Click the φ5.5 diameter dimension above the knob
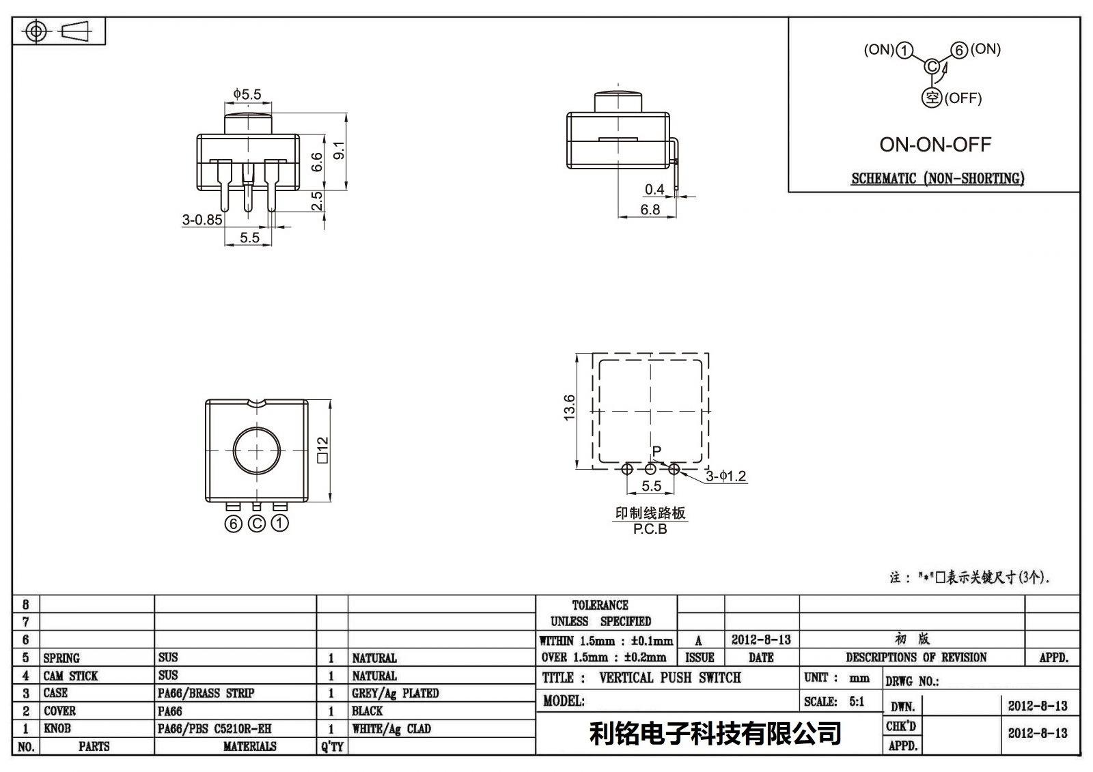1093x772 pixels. pos(247,94)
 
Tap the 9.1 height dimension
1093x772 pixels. pos(339,149)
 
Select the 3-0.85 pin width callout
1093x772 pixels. pos(202,220)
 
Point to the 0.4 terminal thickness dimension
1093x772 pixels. pos(654,189)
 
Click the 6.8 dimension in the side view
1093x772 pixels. pos(650,210)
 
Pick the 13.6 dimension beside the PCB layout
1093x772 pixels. pos(569,408)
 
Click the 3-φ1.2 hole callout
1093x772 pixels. pos(726,476)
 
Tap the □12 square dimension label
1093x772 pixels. pos(322,450)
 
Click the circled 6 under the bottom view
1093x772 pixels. pos(233,524)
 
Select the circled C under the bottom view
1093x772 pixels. pos(257,524)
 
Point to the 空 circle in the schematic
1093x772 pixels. pos(932,98)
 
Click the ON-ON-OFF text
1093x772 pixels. pos(935,144)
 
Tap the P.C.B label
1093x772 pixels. pos(650,529)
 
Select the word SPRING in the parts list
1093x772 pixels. pos(61,658)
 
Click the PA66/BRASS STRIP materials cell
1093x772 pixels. pos(206,693)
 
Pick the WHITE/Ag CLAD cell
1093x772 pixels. pos(391,728)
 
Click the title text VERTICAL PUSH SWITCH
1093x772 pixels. pos(670,677)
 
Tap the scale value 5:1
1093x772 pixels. pos(857,701)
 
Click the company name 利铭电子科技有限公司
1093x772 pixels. pos(715,733)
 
